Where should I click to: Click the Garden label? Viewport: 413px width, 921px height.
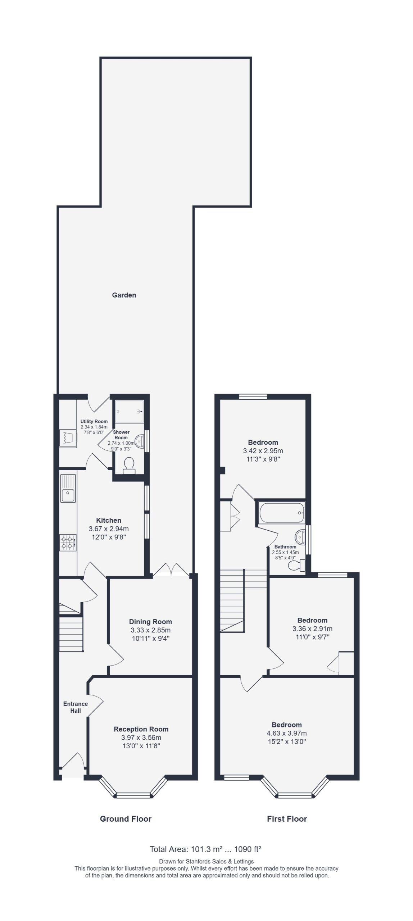pyautogui.click(x=124, y=295)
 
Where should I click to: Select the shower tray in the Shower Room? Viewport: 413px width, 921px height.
pyautogui.click(x=130, y=411)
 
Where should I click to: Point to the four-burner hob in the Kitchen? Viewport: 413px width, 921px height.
pyautogui.click(x=68, y=542)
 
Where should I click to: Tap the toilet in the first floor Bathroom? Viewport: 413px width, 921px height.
pyautogui.click(x=297, y=565)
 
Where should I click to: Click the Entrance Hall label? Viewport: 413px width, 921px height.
pyautogui.click(x=76, y=707)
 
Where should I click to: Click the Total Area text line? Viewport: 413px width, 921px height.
pyautogui.click(x=205, y=849)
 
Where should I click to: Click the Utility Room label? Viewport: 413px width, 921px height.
pyautogui.click(x=94, y=421)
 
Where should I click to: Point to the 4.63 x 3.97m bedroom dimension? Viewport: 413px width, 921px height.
pyautogui.click(x=287, y=733)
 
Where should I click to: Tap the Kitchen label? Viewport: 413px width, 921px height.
pyautogui.click(x=109, y=520)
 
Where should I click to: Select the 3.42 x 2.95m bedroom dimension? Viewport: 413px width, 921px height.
pyautogui.click(x=263, y=451)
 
